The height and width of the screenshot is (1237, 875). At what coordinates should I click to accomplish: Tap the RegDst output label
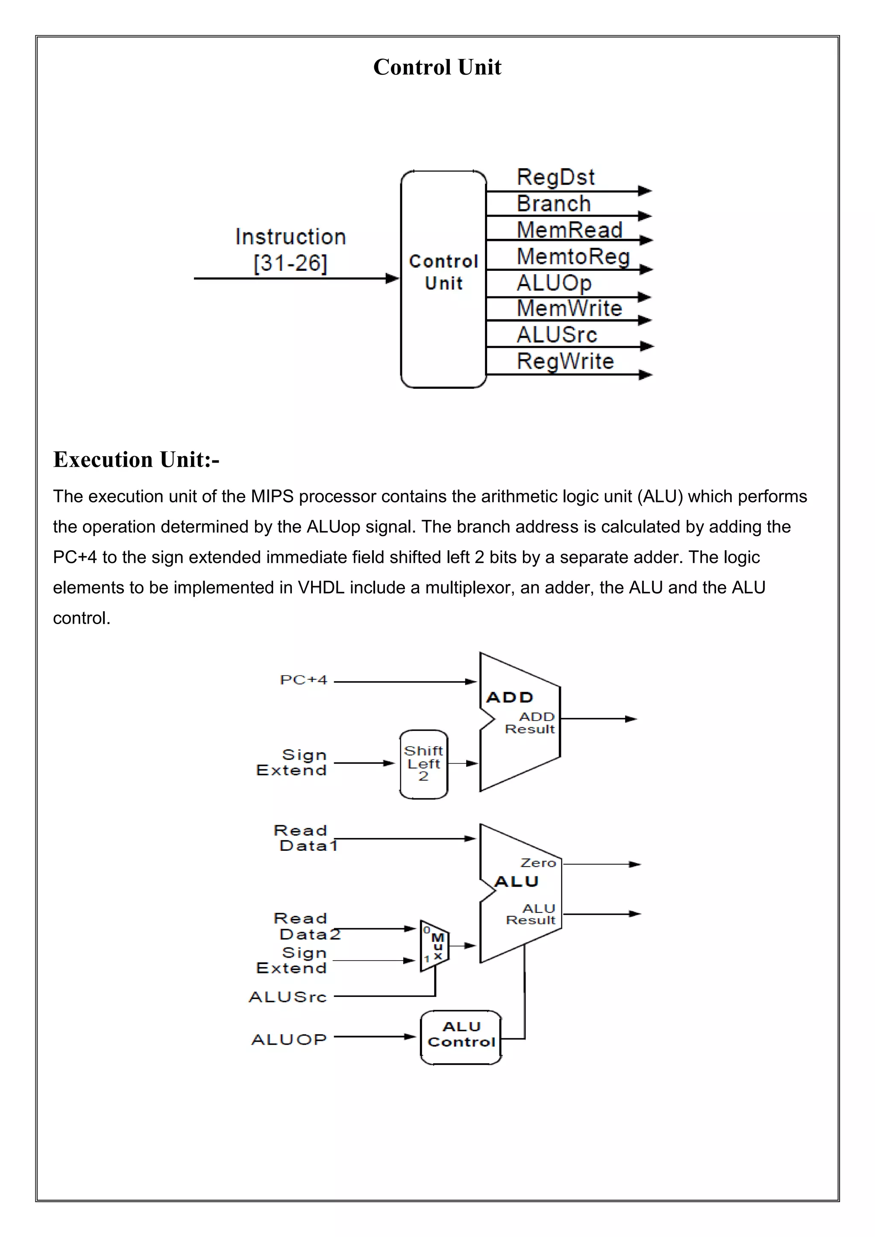[555, 177]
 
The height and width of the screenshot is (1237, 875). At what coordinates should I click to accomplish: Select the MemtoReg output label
[573, 256]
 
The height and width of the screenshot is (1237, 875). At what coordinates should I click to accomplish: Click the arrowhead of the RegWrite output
[645, 375]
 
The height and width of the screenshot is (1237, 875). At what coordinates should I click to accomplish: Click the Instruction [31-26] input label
[291, 250]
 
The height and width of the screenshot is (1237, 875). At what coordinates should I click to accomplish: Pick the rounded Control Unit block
[443, 278]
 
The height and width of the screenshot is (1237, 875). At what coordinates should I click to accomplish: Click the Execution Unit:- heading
[136, 460]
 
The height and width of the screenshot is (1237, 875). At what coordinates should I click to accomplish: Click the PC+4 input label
[303, 680]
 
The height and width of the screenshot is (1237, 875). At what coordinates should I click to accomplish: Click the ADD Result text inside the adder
[530, 723]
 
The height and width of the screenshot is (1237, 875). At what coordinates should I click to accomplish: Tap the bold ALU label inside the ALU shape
[516, 882]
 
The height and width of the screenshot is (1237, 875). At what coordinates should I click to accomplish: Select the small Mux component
[434, 946]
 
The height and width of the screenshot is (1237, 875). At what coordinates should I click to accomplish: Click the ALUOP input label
[289, 1039]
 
